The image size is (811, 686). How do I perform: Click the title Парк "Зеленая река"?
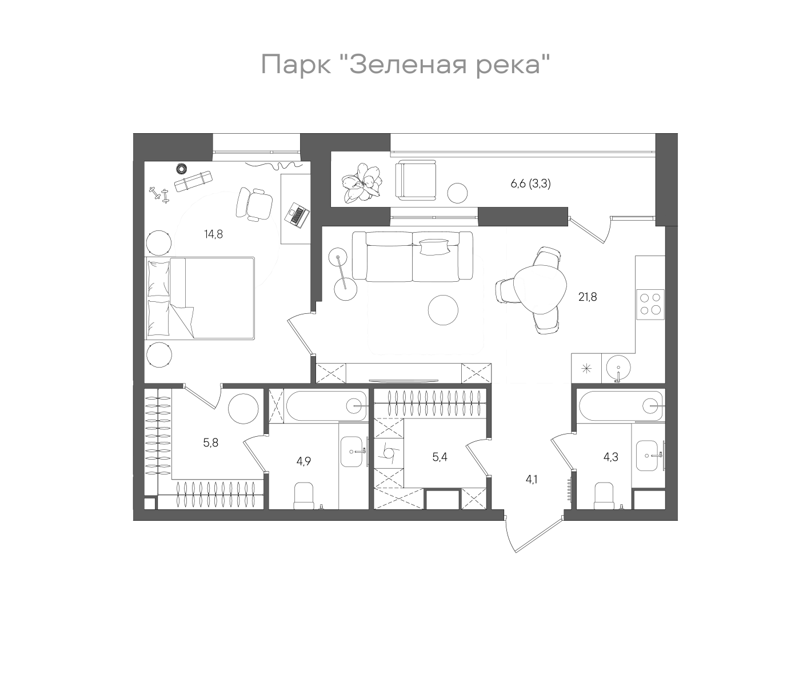pos(405,65)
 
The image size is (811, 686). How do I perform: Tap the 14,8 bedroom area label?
pos(213,233)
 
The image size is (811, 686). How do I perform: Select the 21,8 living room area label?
pos(587,297)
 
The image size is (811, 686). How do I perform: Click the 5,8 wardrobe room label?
pos(211,442)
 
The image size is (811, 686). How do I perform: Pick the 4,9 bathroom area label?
pos(303,461)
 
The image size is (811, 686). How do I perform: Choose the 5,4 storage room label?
pos(440,457)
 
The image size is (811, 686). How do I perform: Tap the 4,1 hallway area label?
pos(532,479)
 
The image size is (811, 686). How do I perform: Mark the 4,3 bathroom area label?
pos(611,457)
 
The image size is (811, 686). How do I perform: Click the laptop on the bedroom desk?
pos(297,215)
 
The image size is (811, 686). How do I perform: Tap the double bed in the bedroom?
pos(200,298)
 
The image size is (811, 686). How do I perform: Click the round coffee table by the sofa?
pos(443,309)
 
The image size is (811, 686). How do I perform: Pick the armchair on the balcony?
pos(416,181)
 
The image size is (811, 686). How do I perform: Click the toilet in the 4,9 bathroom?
pos(303,496)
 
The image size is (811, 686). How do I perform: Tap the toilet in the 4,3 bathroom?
pos(604,496)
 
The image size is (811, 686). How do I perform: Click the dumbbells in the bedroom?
pos(159,194)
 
